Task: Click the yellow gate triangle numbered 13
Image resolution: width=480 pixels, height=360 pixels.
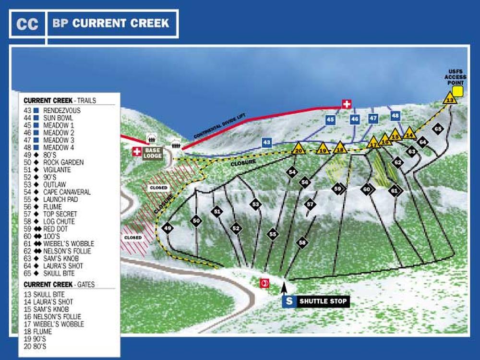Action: tap(449, 99)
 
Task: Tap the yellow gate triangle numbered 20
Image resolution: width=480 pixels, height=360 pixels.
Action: tap(299, 149)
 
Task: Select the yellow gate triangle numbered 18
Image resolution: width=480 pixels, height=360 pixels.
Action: tap(340, 148)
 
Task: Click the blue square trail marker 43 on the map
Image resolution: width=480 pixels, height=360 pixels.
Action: tap(267, 143)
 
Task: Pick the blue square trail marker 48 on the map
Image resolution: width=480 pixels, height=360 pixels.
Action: tap(395, 115)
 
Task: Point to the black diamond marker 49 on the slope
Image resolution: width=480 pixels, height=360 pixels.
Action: tap(168, 228)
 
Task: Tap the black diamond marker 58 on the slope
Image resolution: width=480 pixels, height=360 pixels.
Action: tap(301, 242)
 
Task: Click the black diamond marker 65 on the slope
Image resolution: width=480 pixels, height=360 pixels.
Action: tap(437, 129)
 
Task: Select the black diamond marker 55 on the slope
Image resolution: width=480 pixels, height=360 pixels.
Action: tap(273, 234)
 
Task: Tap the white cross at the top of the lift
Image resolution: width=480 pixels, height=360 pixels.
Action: tap(346, 104)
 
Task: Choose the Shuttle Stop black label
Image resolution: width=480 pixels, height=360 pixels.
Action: tap(322, 301)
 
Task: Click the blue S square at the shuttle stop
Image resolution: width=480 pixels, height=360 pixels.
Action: tap(289, 301)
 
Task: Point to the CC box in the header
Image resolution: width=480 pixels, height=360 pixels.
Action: tap(27, 24)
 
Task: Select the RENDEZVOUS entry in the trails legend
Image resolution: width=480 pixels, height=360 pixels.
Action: tap(62, 110)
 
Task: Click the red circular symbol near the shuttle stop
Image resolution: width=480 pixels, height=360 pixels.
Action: tap(264, 283)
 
